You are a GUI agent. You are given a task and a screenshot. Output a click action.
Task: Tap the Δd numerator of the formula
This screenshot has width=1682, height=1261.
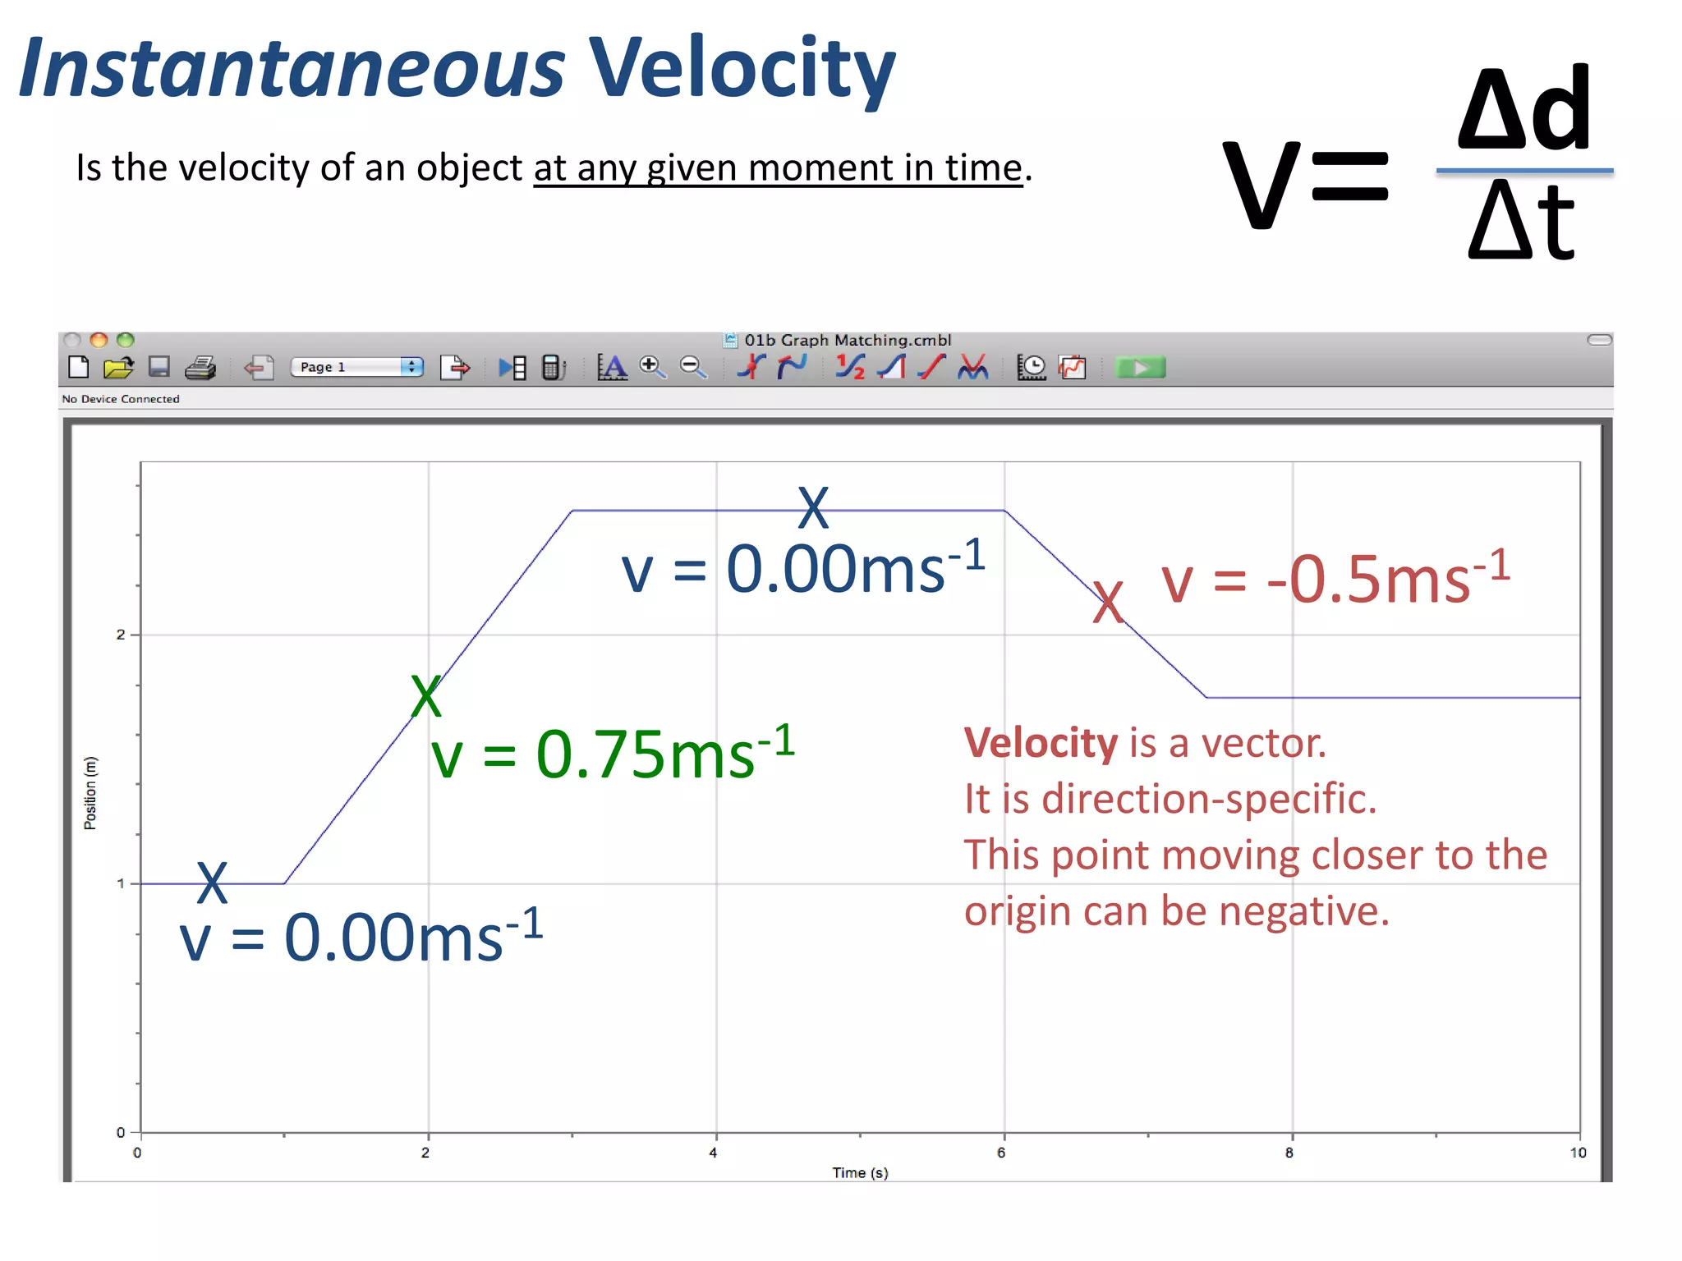click(1524, 109)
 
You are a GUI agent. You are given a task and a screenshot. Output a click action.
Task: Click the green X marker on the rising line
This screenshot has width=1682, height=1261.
click(426, 696)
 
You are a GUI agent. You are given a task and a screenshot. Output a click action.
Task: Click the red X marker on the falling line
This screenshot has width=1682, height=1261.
click(1108, 602)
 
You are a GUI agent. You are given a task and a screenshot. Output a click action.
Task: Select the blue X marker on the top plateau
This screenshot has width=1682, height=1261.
click(813, 507)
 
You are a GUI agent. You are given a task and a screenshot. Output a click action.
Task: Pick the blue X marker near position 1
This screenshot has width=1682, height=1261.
click(212, 883)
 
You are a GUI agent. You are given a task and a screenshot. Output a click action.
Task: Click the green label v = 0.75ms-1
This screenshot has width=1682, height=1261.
click(613, 754)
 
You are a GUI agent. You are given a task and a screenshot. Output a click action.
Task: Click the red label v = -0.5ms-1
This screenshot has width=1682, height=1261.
click(1335, 579)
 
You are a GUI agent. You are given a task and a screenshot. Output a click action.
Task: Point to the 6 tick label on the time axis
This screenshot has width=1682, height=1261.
click(1001, 1153)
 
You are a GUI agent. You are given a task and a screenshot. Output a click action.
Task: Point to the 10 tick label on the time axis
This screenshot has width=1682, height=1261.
click(1578, 1153)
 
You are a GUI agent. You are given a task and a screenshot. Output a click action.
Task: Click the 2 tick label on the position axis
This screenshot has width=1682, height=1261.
click(121, 635)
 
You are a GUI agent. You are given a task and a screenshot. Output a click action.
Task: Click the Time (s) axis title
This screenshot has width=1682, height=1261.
click(860, 1172)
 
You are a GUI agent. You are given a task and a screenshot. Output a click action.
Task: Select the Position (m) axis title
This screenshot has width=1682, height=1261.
click(90, 793)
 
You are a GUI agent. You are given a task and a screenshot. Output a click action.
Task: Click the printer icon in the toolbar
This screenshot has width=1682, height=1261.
click(200, 367)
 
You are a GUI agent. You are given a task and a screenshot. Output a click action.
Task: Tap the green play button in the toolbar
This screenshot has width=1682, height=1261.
click(1140, 367)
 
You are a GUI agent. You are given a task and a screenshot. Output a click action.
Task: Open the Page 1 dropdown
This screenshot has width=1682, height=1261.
click(356, 367)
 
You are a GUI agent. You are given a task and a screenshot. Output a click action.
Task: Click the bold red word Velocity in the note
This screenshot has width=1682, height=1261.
click(1041, 743)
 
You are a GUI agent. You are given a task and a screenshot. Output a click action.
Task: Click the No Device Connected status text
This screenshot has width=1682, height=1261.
click(121, 399)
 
